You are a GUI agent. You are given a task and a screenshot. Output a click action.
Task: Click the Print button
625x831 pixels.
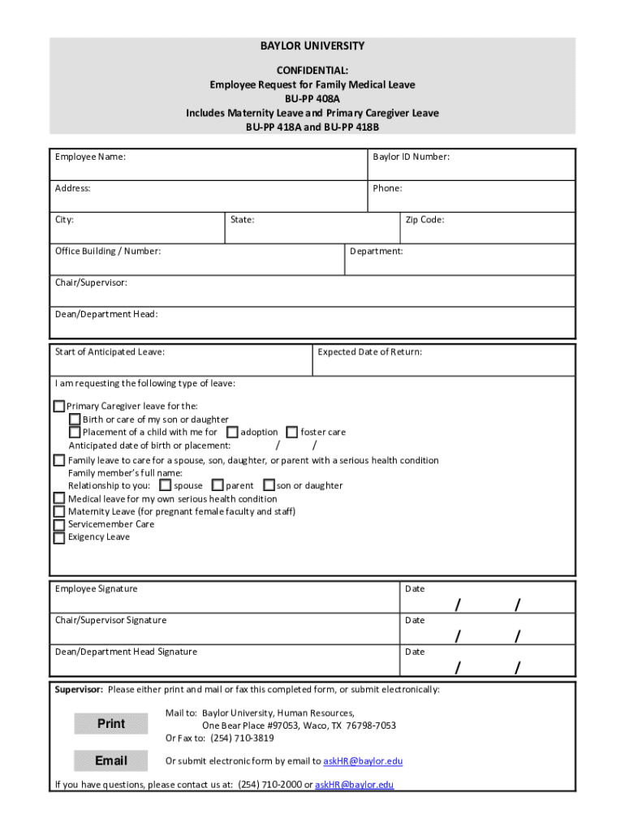pos(110,724)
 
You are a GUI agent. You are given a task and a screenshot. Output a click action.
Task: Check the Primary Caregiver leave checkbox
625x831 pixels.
pos(59,406)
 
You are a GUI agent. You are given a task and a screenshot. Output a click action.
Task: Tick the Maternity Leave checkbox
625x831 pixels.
pos(59,511)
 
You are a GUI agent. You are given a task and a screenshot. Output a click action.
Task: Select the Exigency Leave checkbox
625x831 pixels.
pos(59,537)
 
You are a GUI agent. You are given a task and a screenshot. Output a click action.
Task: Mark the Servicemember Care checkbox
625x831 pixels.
pos(59,524)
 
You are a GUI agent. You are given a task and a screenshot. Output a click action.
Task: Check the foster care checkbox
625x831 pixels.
pos(292,432)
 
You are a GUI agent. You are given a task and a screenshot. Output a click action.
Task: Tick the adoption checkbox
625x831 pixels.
pos(232,432)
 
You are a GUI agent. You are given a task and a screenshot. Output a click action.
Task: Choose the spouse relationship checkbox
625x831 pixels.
pos(166,485)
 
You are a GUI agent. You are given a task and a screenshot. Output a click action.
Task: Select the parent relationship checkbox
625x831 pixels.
pos(217,485)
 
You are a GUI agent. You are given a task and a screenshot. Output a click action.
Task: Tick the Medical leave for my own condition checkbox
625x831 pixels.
pos(59,498)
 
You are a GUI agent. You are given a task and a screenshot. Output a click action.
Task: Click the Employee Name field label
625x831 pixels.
pos(90,157)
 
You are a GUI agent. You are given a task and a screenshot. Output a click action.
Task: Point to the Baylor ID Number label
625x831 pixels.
pos(411,157)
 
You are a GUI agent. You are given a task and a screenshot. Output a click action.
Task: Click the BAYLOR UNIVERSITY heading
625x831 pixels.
pos(312,46)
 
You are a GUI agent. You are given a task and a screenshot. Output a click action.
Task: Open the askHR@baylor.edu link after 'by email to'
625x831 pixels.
pos(363,761)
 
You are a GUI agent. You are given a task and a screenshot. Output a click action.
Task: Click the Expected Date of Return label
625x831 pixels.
pos(369,352)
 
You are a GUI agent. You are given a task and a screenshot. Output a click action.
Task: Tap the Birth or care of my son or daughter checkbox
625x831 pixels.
pos(75,420)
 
